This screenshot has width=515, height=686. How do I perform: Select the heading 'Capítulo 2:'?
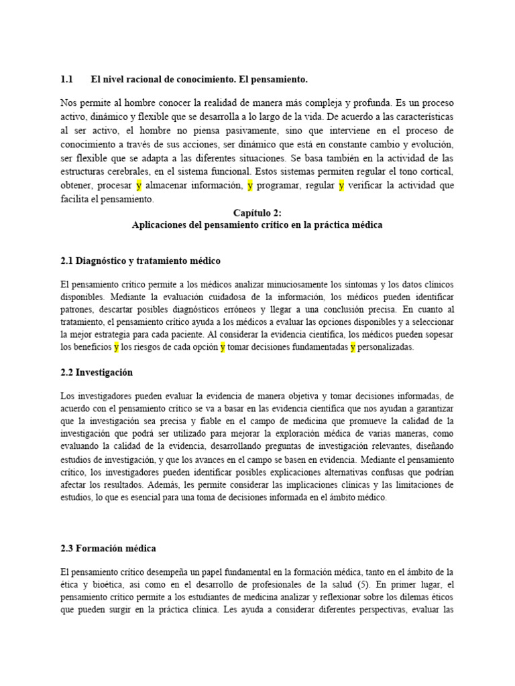point(257,212)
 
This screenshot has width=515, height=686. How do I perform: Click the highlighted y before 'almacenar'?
point(139,186)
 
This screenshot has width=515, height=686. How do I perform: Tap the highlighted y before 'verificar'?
point(341,186)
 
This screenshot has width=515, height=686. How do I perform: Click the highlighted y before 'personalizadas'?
point(353,347)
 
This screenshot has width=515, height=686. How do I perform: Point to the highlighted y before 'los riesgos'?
point(116,347)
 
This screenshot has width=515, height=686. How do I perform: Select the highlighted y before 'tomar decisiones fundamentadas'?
point(223,347)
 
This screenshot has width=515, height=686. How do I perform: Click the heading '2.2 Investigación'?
point(97,372)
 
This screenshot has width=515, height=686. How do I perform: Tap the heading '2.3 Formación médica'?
point(108,548)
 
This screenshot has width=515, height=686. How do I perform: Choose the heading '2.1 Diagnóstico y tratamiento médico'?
point(140,260)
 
